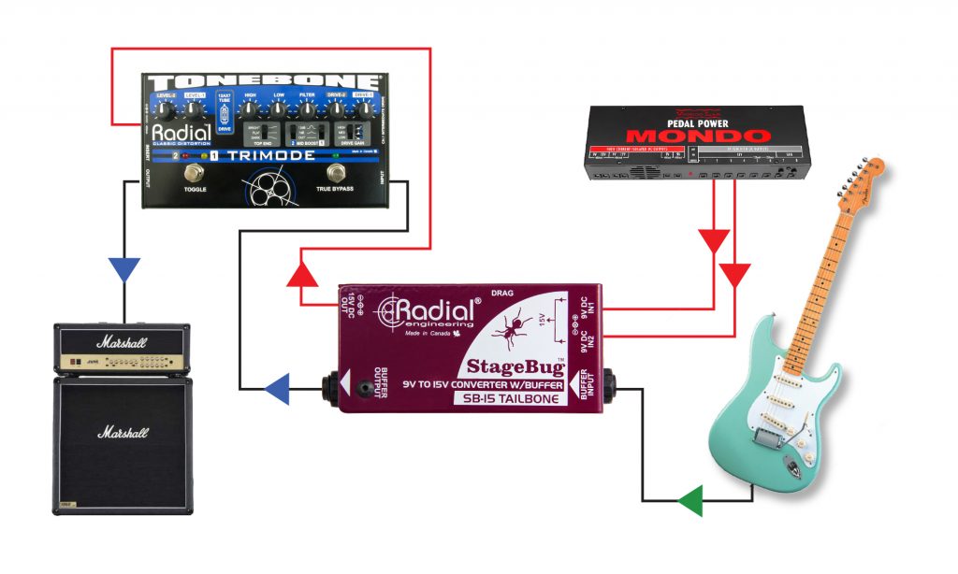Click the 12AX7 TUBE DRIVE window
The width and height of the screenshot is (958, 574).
point(224,118)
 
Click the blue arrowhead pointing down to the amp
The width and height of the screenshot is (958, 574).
point(123,269)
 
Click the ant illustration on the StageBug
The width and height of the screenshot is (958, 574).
point(512,329)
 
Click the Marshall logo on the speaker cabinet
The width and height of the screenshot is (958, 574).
point(123,434)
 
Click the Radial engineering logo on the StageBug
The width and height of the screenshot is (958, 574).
point(427,310)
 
